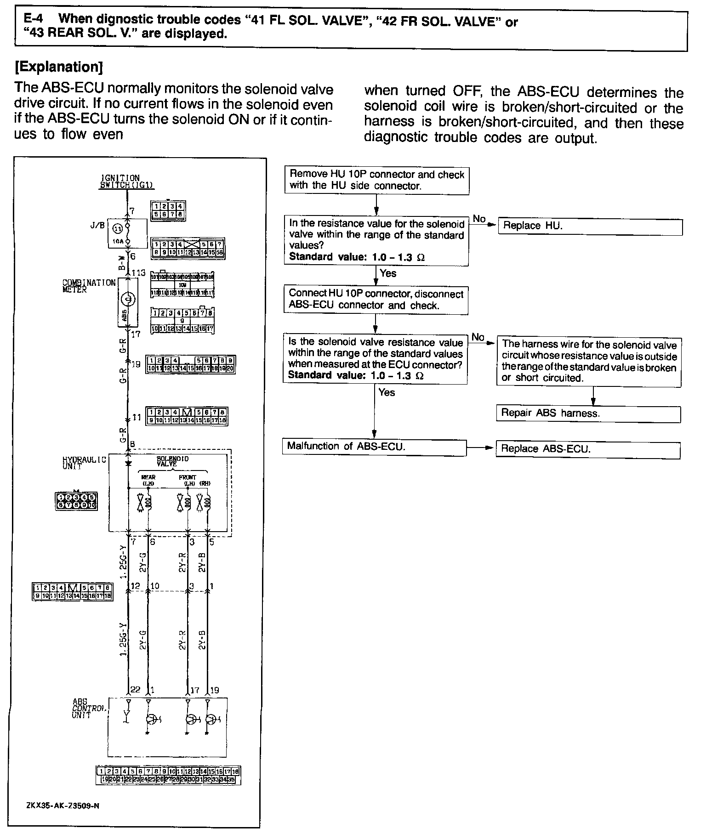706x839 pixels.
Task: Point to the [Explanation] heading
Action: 59,67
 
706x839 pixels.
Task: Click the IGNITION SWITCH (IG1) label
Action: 127,181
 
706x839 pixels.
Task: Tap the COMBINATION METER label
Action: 89,286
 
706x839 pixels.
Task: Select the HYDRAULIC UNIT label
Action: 84,463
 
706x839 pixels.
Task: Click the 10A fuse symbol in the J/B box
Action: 128,233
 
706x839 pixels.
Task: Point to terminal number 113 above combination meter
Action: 138,273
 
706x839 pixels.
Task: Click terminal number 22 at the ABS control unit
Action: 135,690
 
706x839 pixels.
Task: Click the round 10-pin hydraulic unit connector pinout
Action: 76,501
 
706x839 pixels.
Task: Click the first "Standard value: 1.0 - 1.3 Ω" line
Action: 357,257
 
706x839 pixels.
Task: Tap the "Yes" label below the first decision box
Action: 388,273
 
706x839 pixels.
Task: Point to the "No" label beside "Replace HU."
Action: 479,219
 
